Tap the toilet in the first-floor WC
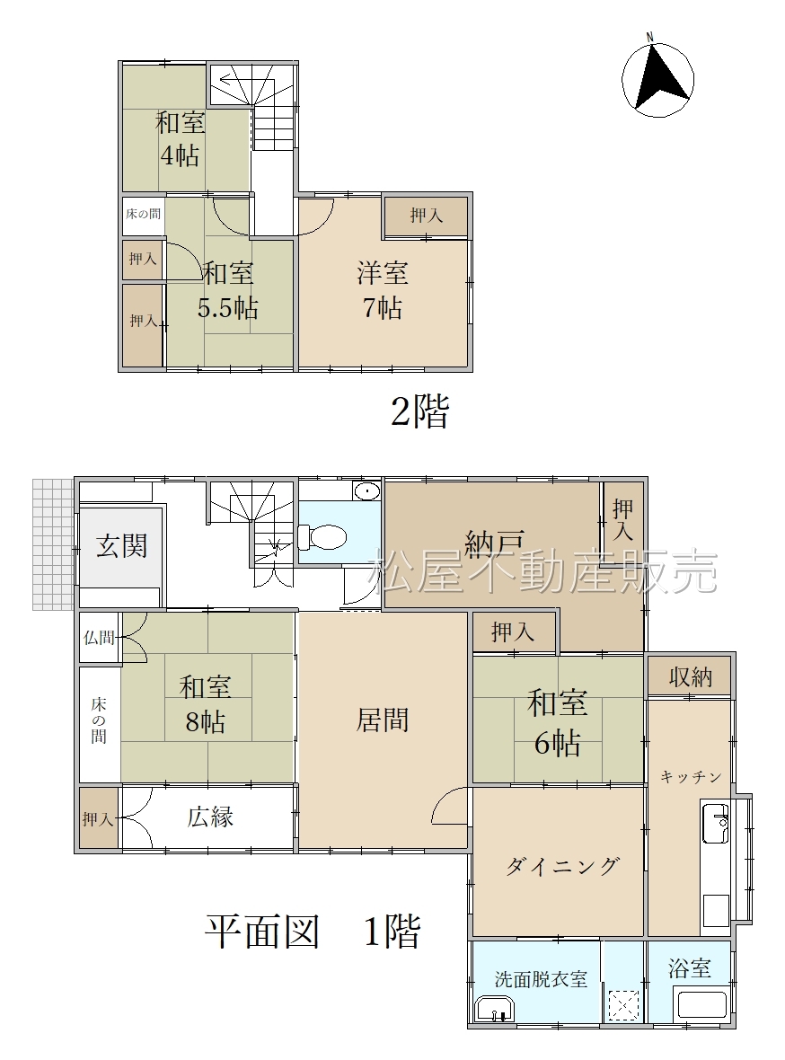[322, 537]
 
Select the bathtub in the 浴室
[701, 1007]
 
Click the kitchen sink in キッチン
[715, 823]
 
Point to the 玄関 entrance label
[122, 545]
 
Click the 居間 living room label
[382, 720]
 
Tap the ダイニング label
[562, 866]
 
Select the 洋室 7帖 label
[383, 291]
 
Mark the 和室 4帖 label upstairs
[180, 139]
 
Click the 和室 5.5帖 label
[228, 291]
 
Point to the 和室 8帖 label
[205, 704]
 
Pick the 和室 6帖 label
[558, 722]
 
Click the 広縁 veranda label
[210, 817]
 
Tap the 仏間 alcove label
[99, 637]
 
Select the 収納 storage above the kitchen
[691, 676]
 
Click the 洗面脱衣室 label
[541, 979]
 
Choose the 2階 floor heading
[419, 411]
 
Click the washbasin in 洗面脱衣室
[495, 1010]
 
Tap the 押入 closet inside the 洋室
[426, 216]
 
